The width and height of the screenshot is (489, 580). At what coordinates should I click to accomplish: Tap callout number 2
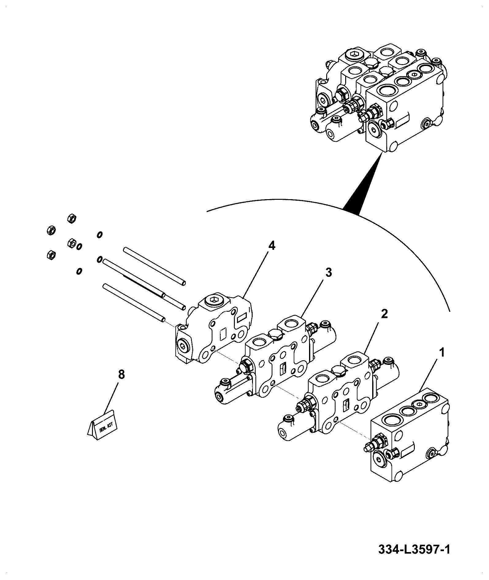(384, 314)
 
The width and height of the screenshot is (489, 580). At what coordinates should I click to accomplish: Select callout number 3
(328, 273)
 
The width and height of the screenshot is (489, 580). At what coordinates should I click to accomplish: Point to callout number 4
(271, 246)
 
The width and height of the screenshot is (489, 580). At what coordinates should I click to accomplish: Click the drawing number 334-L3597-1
(414, 549)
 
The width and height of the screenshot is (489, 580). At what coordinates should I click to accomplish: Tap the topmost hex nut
(71, 218)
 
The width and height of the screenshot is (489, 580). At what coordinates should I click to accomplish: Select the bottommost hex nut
(50, 254)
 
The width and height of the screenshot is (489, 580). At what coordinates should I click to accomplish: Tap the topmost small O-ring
(99, 235)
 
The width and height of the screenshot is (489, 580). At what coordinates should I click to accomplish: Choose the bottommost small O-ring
(79, 271)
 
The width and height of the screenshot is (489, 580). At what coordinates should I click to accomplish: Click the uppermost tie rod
(155, 266)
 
